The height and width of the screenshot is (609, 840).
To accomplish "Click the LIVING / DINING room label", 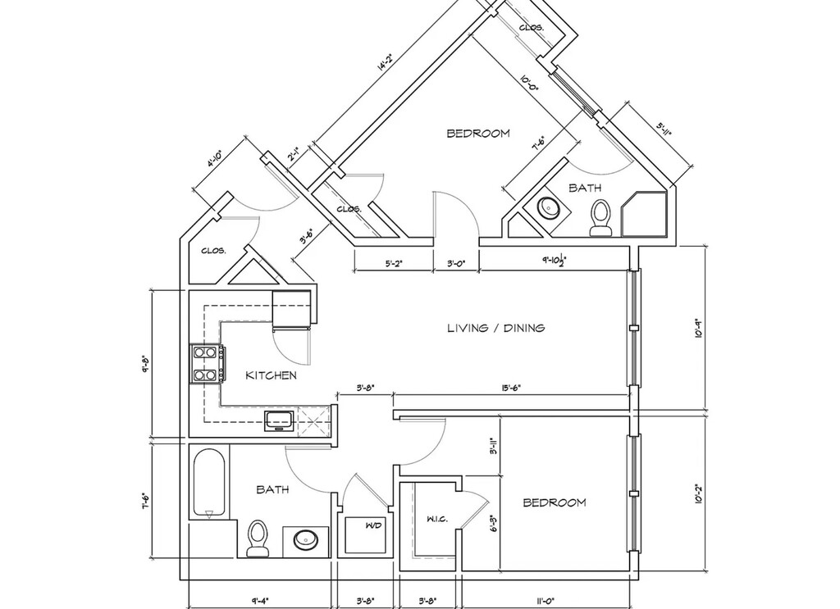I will (x=495, y=329).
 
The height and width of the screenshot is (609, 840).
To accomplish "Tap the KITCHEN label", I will (x=271, y=375).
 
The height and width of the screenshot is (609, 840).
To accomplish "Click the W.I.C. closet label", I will (x=436, y=520).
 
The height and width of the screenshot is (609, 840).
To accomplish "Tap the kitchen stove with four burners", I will (x=208, y=364).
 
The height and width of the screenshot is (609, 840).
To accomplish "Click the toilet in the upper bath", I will (x=601, y=218).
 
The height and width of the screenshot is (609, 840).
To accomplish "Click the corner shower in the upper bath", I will (x=646, y=213).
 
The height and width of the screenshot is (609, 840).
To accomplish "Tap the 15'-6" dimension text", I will (x=506, y=388).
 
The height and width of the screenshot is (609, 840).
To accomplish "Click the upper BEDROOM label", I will (x=477, y=133).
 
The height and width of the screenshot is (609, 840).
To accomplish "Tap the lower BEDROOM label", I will (x=555, y=502).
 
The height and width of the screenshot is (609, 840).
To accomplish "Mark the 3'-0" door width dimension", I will (x=456, y=264).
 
